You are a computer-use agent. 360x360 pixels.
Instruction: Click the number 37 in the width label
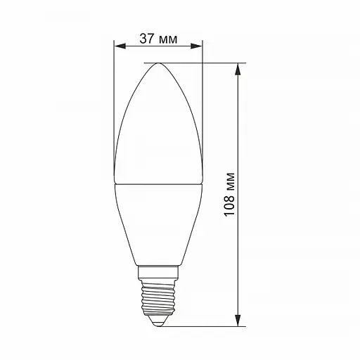[x=146, y=39]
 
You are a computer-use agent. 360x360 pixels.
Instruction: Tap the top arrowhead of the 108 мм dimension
[x=240, y=69]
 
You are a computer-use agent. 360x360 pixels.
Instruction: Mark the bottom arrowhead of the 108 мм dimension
[x=240, y=321]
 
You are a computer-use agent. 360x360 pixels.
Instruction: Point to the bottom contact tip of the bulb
[x=158, y=322]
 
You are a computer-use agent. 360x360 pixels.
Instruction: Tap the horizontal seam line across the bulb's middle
[x=158, y=184]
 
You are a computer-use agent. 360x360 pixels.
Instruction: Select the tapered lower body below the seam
[x=158, y=225]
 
